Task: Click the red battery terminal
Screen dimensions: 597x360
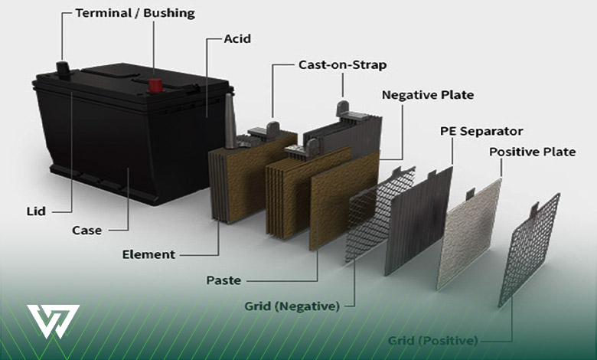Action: [x=155, y=86]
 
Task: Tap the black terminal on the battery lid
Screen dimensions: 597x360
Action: [x=64, y=69]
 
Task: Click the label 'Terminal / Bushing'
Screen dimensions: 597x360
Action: [x=135, y=13]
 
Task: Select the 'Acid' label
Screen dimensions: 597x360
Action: [x=237, y=39]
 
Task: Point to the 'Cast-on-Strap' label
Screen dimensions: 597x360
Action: [x=343, y=65]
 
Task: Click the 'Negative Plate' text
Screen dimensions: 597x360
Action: [x=428, y=95]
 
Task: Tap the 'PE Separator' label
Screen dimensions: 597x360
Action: [x=481, y=132]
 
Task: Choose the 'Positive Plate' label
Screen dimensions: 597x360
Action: [x=532, y=152]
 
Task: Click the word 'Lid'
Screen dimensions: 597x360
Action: [x=36, y=211]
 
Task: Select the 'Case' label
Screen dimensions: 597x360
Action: [x=86, y=231]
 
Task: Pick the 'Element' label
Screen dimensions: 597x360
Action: [x=148, y=254]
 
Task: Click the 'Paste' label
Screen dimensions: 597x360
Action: [x=223, y=281]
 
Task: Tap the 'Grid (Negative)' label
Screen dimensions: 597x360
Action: [x=292, y=306]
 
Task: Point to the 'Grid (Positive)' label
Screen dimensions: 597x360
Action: [x=432, y=341]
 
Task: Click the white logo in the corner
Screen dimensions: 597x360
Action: [x=53, y=321]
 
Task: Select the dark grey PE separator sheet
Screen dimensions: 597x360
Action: [x=419, y=221]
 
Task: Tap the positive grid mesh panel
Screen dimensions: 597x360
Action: [x=529, y=250]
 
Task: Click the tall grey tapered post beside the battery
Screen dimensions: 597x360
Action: [x=230, y=121]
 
